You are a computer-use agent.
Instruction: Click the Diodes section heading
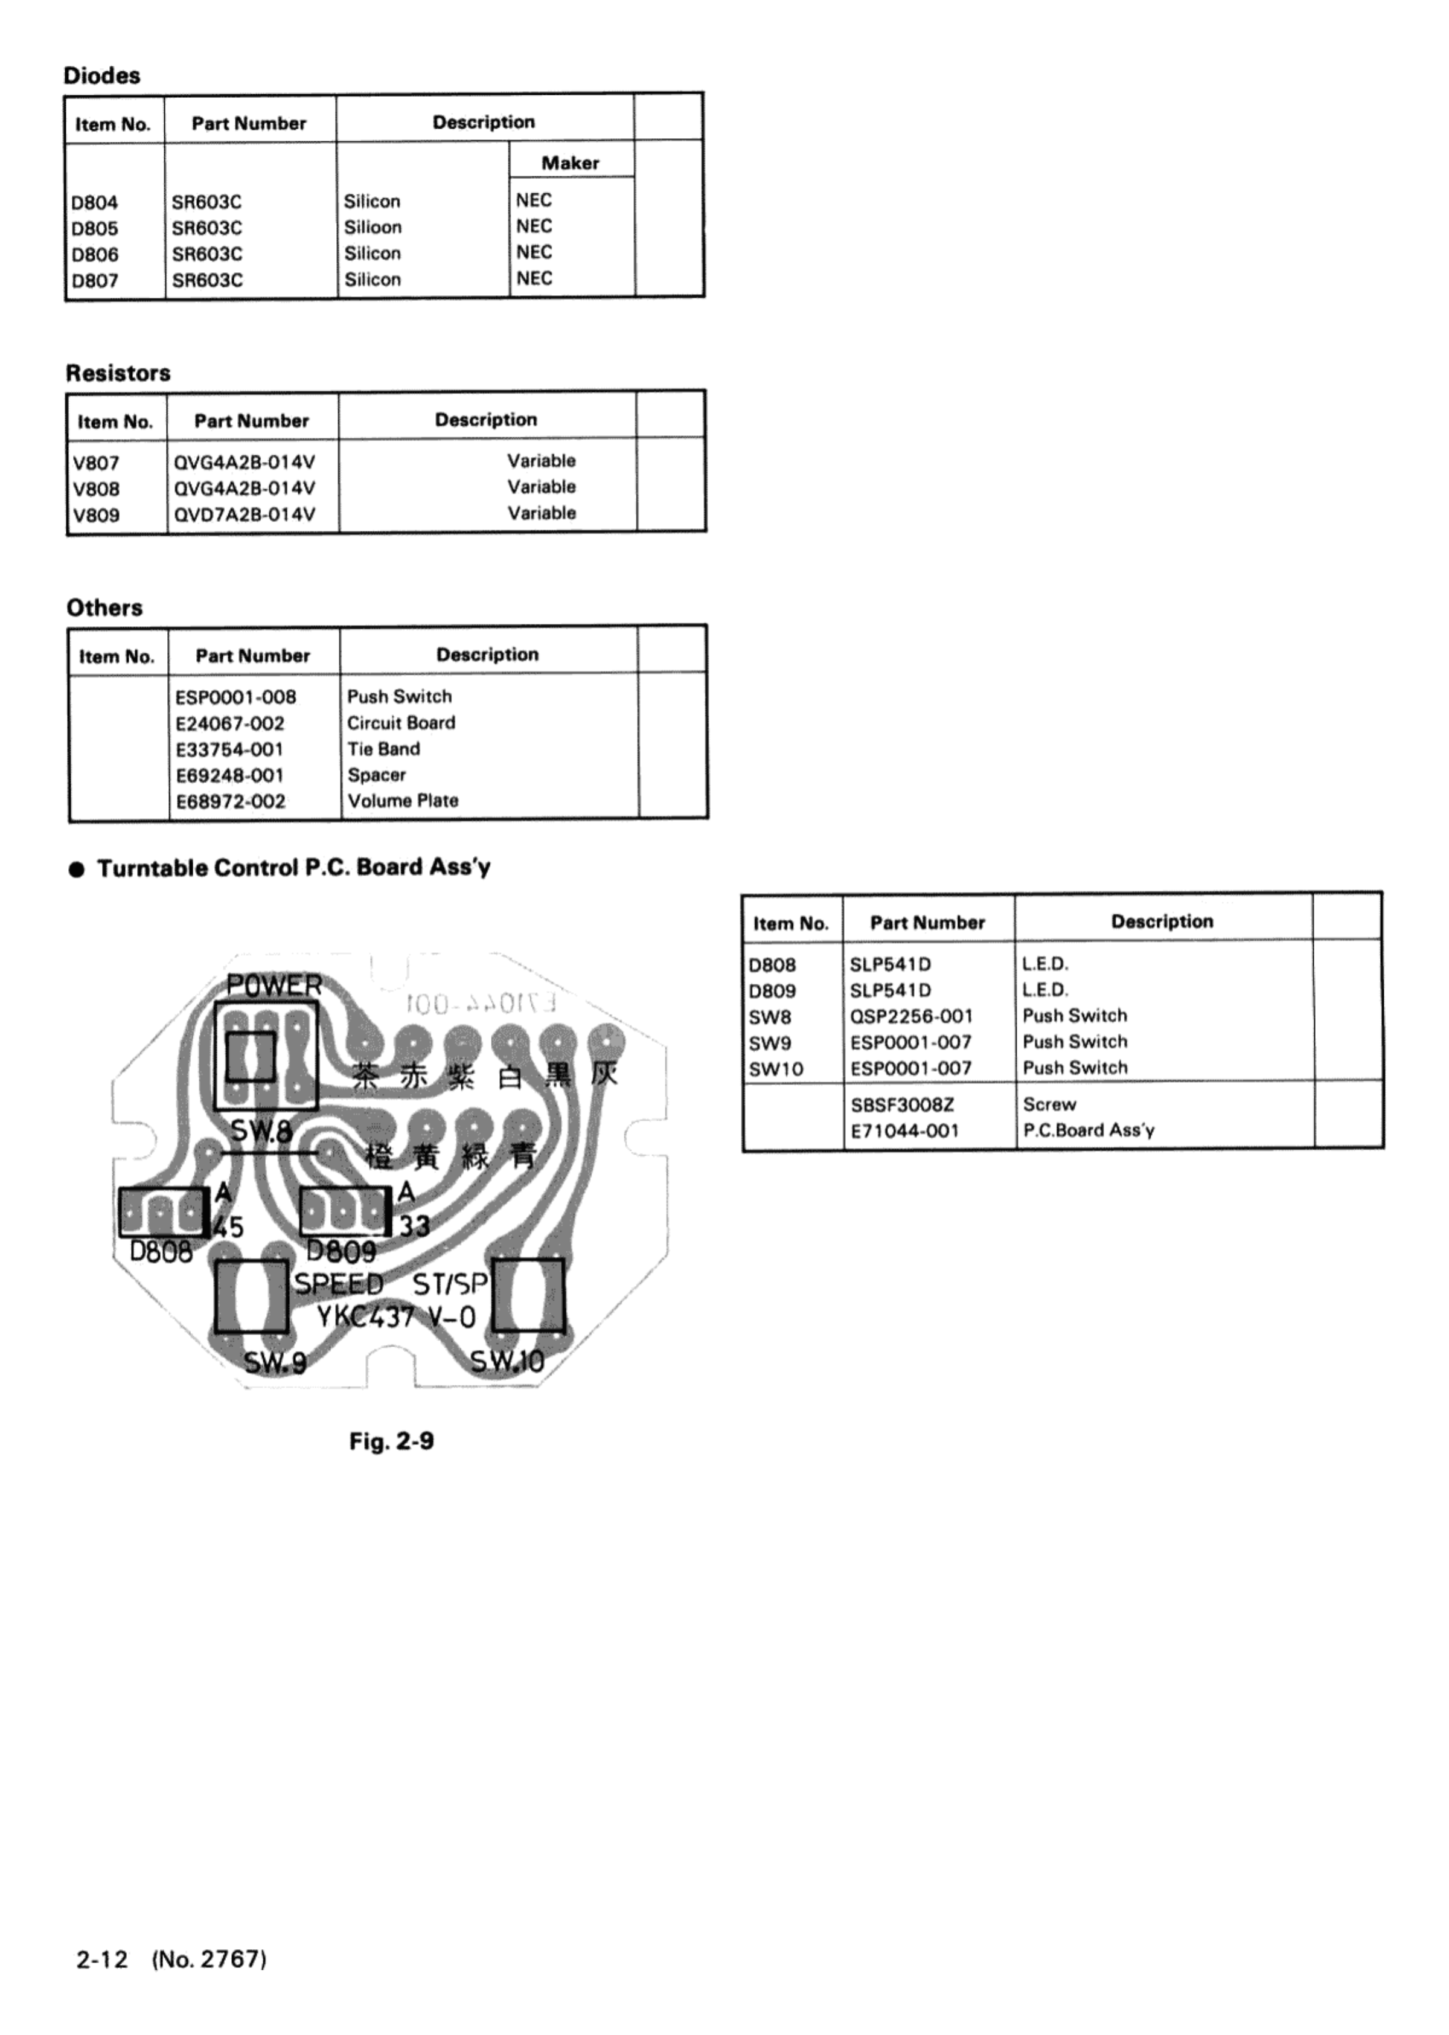(101, 76)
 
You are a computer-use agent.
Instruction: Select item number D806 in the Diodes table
(95, 254)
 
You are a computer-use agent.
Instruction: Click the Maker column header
(570, 162)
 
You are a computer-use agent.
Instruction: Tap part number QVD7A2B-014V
(245, 514)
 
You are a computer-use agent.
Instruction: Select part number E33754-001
(229, 749)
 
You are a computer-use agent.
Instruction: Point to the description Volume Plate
(403, 801)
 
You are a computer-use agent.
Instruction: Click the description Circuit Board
(401, 723)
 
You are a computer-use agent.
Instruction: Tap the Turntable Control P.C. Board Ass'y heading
(293, 868)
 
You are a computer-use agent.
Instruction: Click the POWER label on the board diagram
(274, 986)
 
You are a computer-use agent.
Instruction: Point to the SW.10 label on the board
(507, 1362)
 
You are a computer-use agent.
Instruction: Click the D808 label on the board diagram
(161, 1252)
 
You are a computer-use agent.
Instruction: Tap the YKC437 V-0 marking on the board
(396, 1317)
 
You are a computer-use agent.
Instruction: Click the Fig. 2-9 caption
(392, 1441)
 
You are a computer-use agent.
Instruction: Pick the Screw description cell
(1049, 1104)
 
